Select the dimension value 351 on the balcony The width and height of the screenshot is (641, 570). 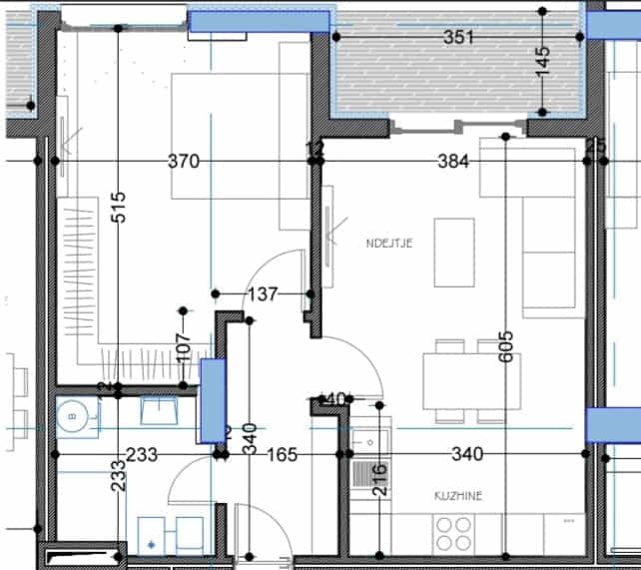point(457,38)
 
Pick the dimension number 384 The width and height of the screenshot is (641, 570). point(453,161)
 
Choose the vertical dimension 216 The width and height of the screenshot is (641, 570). point(380,480)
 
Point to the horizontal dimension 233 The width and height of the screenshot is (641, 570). point(142,455)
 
